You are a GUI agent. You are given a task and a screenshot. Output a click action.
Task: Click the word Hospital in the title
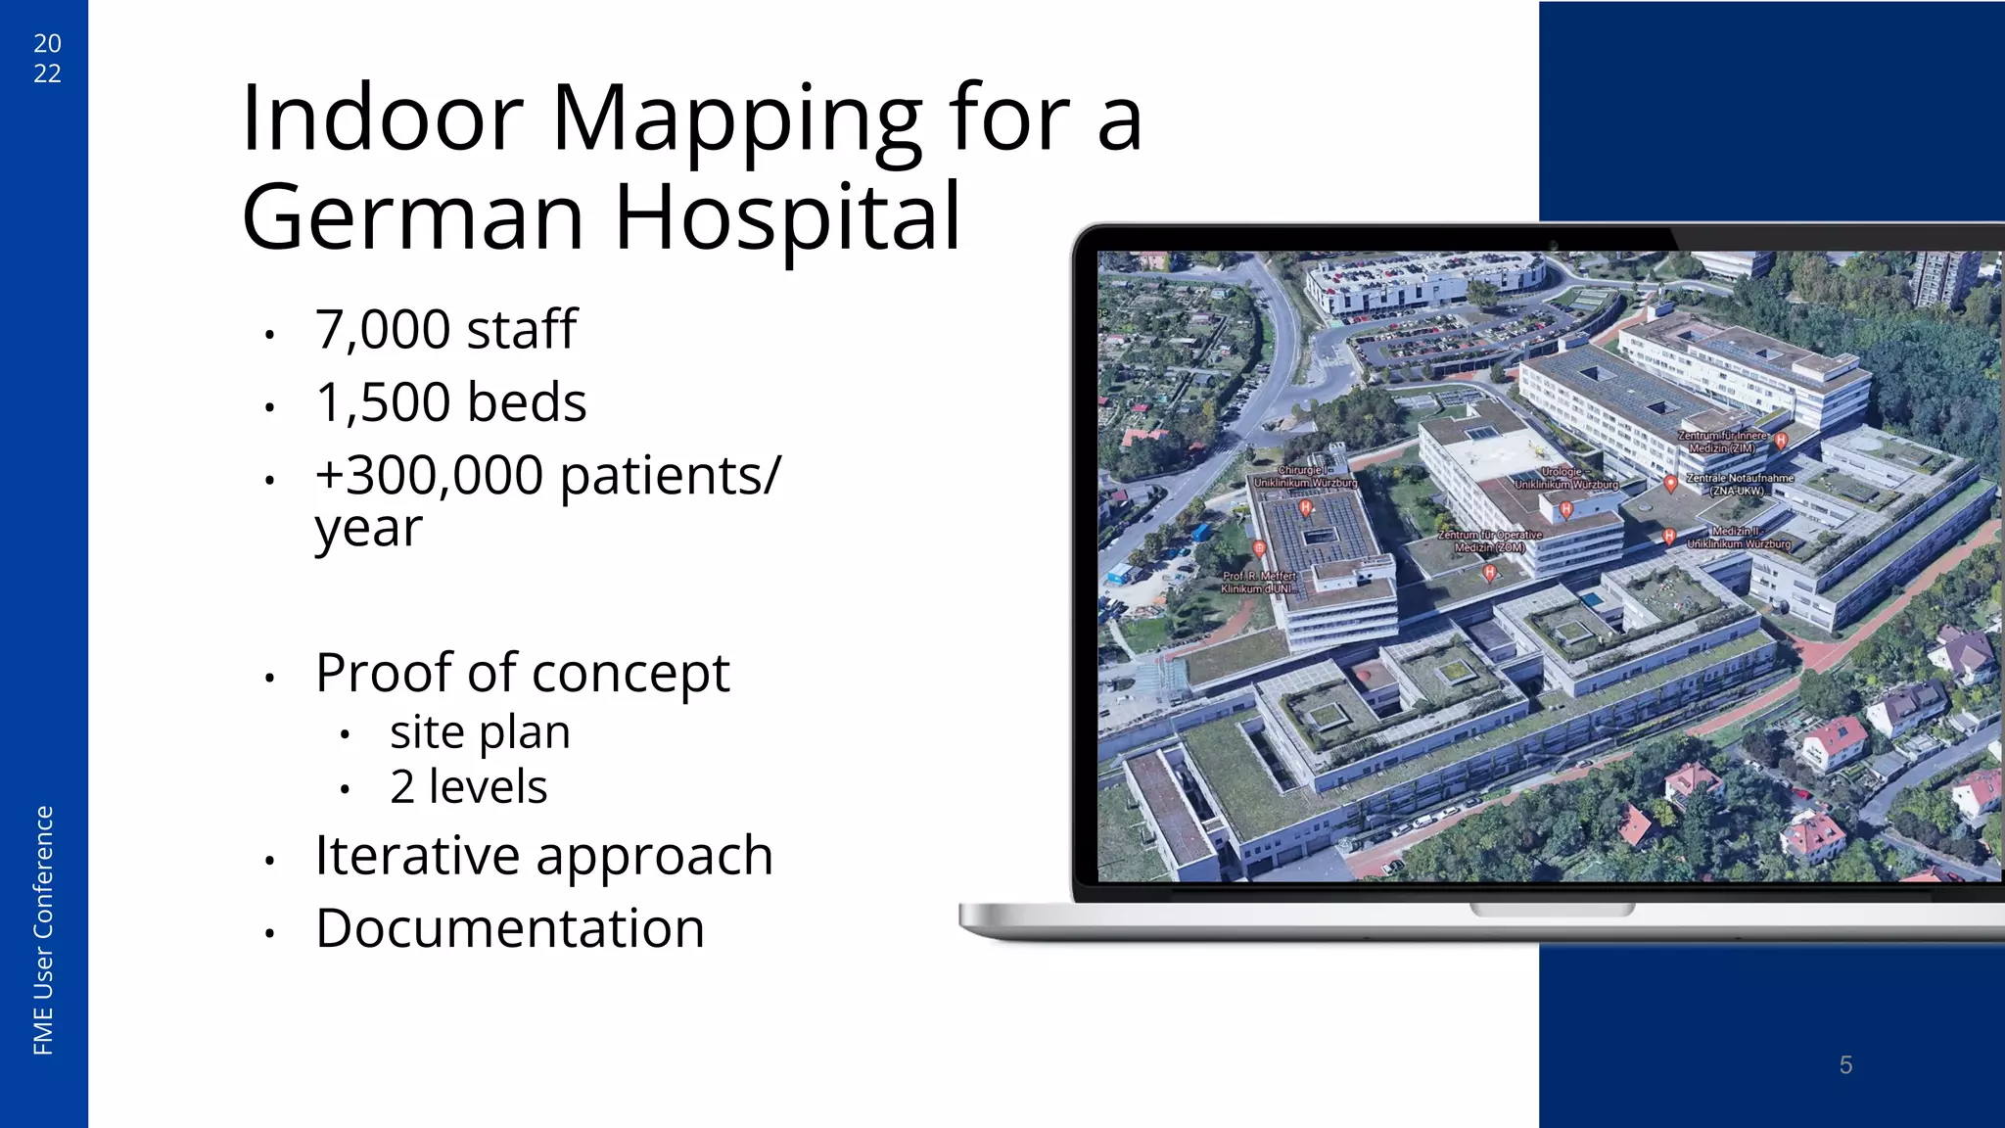click(787, 217)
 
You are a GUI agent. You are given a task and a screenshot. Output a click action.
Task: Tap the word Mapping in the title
click(735, 118)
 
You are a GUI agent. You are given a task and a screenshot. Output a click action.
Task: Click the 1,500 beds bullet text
click(450, 402)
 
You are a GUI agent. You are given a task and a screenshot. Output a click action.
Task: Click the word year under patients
click(368, 530)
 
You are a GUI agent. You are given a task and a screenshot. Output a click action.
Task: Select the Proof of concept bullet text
click(522, 674)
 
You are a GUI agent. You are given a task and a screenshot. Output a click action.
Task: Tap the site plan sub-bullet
click(480, 732)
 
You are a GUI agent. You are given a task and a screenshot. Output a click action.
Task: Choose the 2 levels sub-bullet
click(468, 787)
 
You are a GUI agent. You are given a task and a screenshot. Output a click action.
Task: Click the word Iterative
click(416, 856)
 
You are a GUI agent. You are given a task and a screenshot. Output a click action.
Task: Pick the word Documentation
click(510, 929)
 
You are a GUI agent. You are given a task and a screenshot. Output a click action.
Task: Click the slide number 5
click(1845, 1064)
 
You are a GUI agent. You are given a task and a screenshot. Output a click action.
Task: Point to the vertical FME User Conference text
click(43, 930)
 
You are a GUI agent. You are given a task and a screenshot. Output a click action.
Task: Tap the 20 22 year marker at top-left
click(47, 58)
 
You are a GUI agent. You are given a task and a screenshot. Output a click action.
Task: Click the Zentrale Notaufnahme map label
click(1739, 484)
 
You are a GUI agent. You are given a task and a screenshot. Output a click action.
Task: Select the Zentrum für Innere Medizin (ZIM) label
click(1723, 442)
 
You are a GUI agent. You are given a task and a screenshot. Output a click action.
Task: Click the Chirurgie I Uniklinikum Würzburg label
click(1305, 477)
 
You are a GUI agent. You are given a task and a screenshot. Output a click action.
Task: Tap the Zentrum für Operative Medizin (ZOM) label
click(1489, 541)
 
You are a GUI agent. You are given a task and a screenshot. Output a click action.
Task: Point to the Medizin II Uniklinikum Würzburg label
click(1738, 538)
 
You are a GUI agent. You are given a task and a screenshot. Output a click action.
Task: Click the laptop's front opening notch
click(1552, 910)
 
